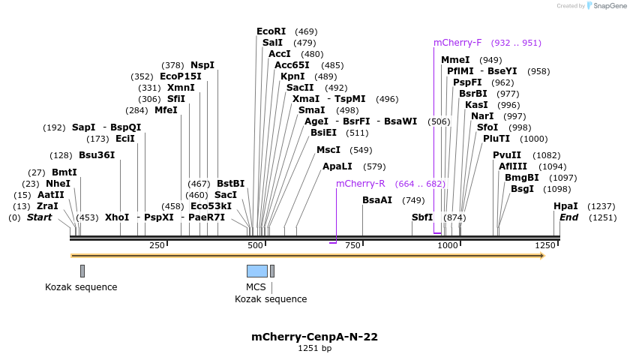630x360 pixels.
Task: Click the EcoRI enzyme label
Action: click(x=271, y=31)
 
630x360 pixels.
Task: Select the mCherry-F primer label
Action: click(x=457, y=43)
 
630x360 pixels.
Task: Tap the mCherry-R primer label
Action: click(x=360, y=184)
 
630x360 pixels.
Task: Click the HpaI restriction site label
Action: click(x=565, y=206)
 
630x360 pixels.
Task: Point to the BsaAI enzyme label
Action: click(x=377, y=200)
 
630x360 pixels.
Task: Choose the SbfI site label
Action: click(x=422, y=217)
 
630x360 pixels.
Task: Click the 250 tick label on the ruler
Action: click(x=157, y=245)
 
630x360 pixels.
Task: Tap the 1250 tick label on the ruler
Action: click(x=544, y=245)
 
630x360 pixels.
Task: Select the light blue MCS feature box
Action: click(x=256, y=271)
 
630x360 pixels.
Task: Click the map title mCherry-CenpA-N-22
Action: click(x=314, y=337)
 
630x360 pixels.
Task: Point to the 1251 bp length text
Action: click(x=314, y=348)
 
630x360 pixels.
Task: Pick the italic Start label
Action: click(x=40, y=217)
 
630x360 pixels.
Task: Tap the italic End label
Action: click(x=568, y=217)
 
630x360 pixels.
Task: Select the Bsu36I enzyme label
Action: click(x=97, y=155)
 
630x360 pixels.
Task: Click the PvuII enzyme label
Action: click(x=507, y=155)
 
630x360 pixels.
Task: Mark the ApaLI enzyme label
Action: click(x=337, y=166)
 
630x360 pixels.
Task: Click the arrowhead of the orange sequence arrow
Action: click(x=541, y=256)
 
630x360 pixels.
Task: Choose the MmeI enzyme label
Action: click(x=455, y=60)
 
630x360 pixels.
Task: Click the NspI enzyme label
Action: click(x=202, y=65)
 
